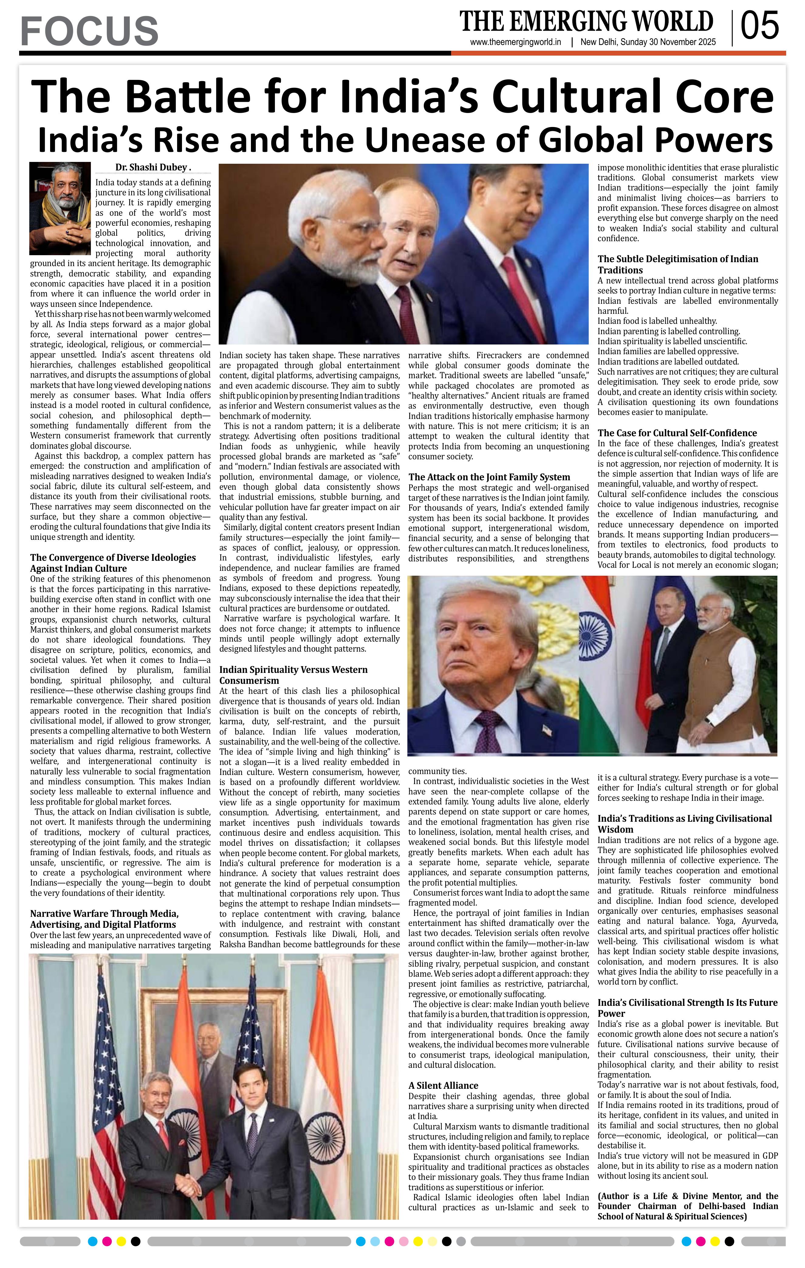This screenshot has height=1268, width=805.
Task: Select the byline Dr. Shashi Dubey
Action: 153,167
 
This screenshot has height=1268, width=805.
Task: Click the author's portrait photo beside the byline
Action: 60,208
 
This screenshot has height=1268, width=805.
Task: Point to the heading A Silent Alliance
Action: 443,1085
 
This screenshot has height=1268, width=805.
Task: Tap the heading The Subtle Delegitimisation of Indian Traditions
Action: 678,264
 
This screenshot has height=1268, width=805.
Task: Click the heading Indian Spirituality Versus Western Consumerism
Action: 293,674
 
